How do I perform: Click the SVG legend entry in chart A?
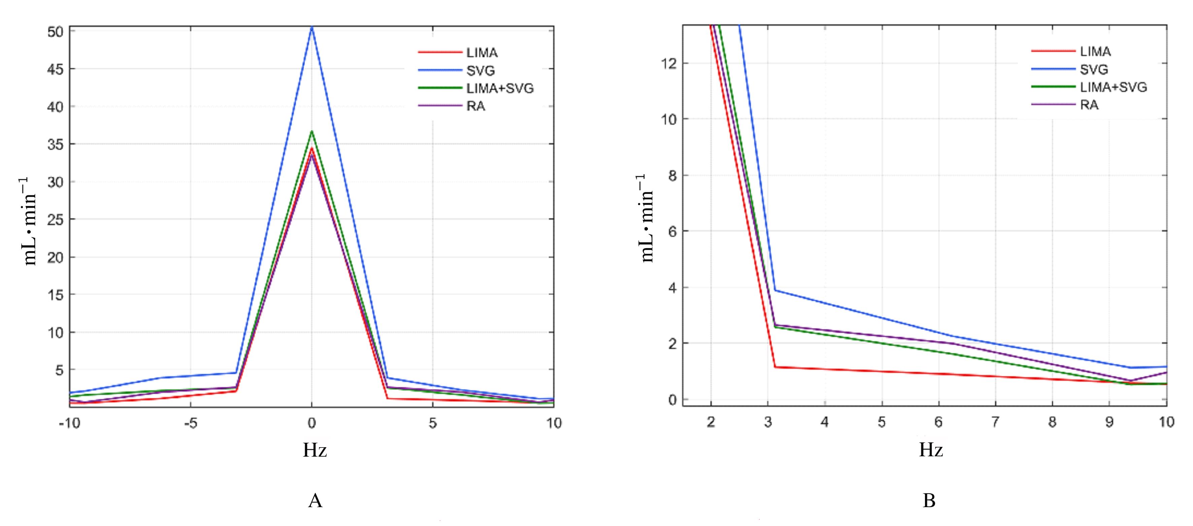(480, 70)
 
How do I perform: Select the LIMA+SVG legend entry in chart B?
(1113, 87)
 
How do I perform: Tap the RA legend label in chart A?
(476, 106)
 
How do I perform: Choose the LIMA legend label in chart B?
(1095, 52)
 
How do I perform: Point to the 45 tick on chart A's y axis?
(55, 69)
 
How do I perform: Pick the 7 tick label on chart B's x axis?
(995, 422)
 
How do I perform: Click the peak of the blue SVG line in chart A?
(312, 27)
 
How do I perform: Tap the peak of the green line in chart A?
(312, 131)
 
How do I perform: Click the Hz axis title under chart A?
(315, 450)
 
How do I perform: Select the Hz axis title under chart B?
(931, 450)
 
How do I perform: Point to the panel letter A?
(315, 500)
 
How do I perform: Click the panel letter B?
(929, 500)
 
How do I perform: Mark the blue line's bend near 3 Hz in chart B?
(775, 290)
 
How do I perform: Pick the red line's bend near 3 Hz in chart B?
(775, 367)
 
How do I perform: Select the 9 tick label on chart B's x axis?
(1109, 422)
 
